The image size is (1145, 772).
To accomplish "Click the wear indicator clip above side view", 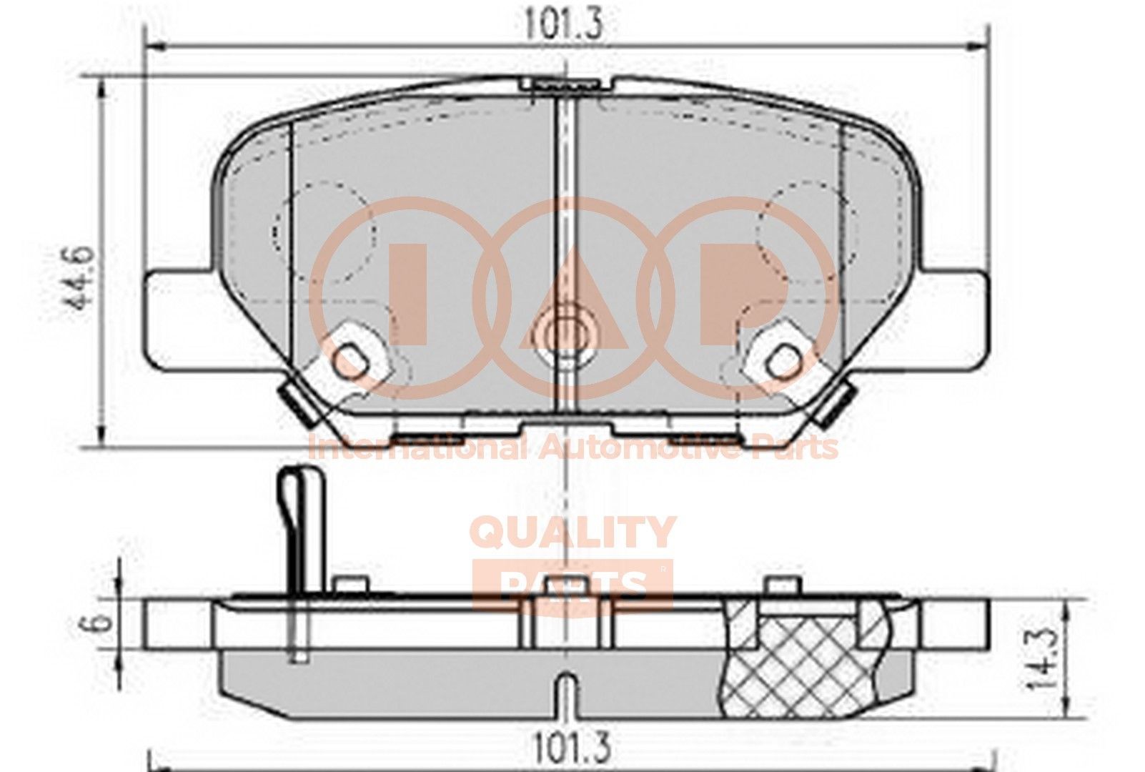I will point(301,529).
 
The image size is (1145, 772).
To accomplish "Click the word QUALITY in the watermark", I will point(571,533).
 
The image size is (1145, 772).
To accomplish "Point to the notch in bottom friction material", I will point(565,690).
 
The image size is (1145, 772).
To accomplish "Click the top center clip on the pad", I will point(565,84).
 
